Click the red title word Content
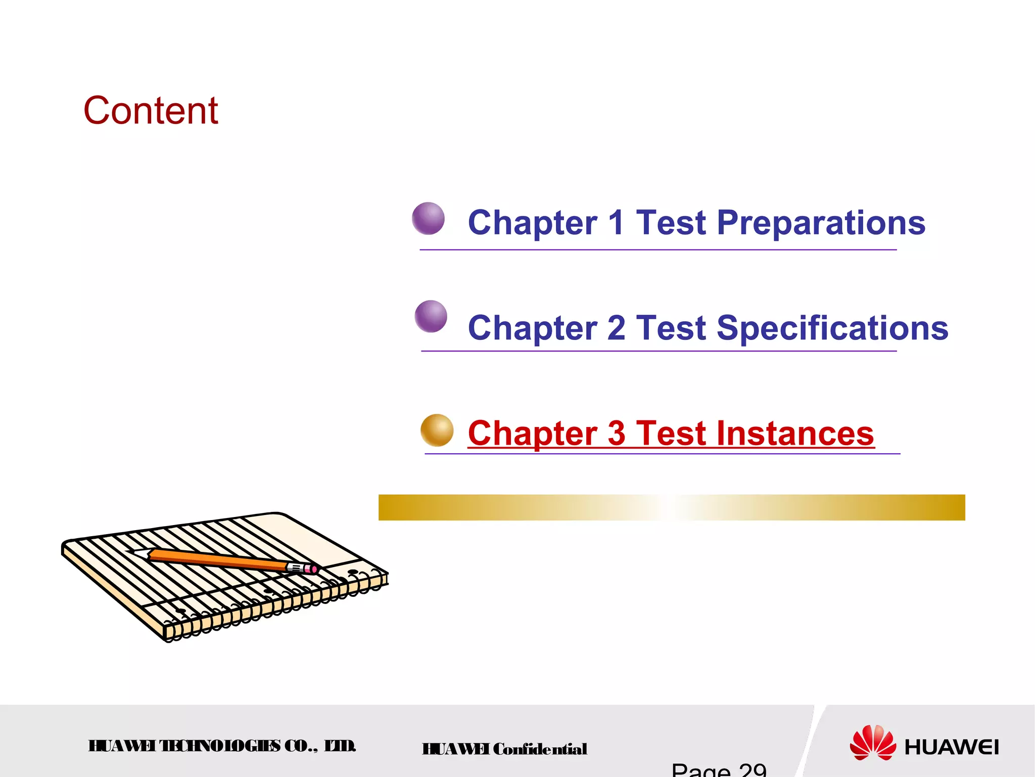(x=151, y=110)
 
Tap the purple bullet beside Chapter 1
(x=428, y=219)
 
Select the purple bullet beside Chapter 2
(x=431, y=316)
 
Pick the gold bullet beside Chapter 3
(x=437, y=430)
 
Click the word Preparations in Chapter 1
(x=821, y=223)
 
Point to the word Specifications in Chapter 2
(x=832, y=328)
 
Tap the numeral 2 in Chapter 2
(x=616, y=328)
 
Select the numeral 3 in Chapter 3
(x=616, y=434)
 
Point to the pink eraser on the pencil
(x=313, y=570)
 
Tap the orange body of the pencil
(x=217, y=560)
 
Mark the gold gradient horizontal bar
(x=671, y=507)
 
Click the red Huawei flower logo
(x=872, y=743)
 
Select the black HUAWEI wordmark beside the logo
(x=951, y=747)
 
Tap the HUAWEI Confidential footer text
(x=504, y=749)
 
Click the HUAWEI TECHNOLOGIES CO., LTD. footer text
(x=222, y=746)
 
